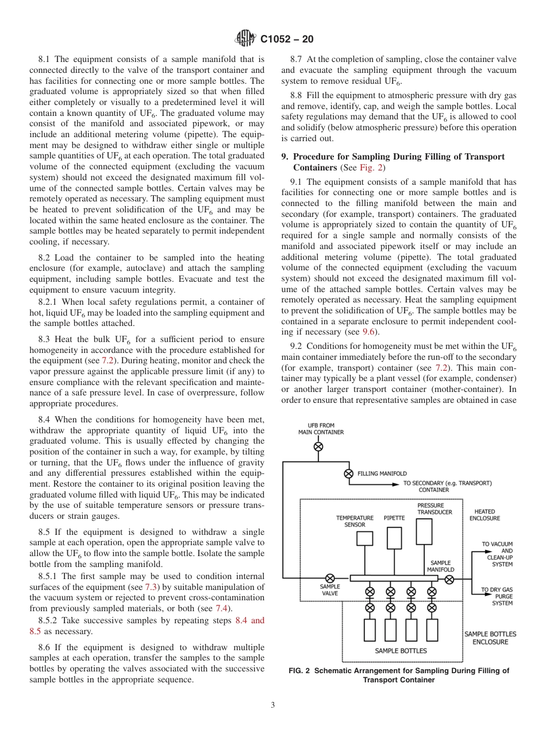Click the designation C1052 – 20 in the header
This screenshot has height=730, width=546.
pos(287,40)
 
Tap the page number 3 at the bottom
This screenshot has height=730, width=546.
pos(272,705)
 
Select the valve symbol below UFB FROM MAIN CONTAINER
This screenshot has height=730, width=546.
pos(318,446)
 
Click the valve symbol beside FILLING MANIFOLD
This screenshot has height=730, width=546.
pos(348,473)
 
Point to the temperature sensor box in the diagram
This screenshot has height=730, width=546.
pos(364,538)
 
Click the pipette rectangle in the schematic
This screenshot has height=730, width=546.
pos(394,538)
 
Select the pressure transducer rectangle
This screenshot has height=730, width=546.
pos(424,531)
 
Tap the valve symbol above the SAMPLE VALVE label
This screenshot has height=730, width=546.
pos(330,578)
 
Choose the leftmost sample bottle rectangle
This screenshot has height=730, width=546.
pos(370,630)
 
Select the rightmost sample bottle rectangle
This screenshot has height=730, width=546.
pos(432,630)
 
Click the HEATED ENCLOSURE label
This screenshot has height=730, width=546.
pos(485,515)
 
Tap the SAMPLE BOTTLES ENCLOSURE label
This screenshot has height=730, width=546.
pos(490,638)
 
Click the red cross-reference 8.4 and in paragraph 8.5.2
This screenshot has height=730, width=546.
pos(250,621)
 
